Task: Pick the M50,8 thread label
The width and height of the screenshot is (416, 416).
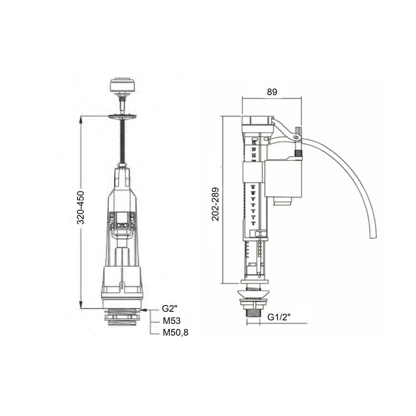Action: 174,333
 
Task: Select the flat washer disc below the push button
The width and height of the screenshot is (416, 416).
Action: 121,115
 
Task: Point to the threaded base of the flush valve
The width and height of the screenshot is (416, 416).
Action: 122,318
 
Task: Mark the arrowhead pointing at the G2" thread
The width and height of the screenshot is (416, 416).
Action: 145,309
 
